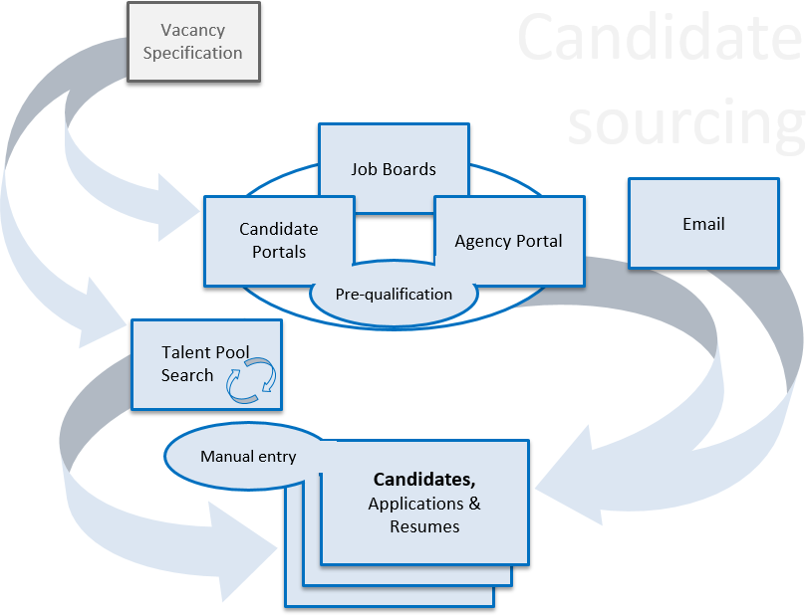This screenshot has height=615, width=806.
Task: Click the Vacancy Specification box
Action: tap(193, 42)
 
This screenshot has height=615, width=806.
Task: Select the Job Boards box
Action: tap(394, 168)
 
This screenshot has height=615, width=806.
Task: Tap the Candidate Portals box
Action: tap(279, 241)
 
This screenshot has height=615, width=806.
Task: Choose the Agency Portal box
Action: tap(509, 241)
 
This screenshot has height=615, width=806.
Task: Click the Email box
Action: tap(703, 224)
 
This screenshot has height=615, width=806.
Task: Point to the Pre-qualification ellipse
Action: tap(394, 295)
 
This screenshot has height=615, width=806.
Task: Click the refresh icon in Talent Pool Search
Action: tap(250, 381)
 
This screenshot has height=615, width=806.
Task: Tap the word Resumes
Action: tap(424, 526)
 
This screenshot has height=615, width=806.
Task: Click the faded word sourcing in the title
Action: tap(685, 121)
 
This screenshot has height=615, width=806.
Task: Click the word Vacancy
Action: tap(192, 31)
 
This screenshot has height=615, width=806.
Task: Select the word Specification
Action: tap(192, 53)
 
